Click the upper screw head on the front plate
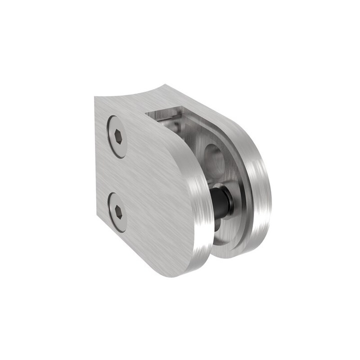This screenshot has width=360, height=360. point(117,136)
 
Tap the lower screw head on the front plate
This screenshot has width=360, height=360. point(117,212)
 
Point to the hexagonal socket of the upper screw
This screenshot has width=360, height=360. point(117,136)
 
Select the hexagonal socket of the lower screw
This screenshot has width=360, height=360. point(117,212)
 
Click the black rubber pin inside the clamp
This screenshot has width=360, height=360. point(221,201)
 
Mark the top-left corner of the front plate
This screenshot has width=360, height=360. point(95,98)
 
